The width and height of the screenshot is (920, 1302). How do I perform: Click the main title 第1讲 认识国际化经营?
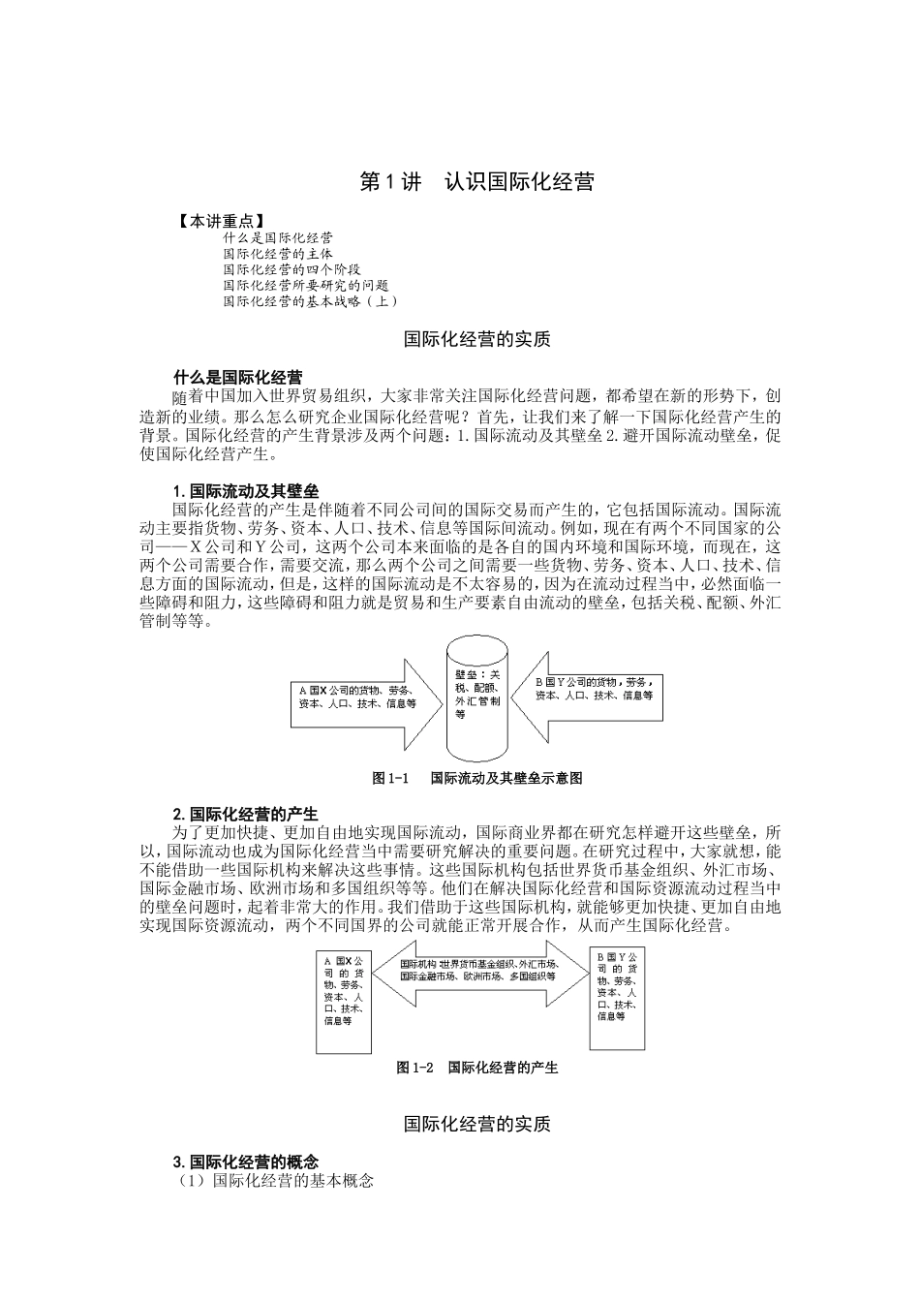click(x=476, y=182)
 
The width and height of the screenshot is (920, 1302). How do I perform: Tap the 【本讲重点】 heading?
click(x=220, y=221)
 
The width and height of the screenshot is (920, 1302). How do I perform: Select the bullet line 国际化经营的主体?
click(x=278, y=253)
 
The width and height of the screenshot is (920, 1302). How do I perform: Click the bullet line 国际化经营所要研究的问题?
click(x=306, y=285)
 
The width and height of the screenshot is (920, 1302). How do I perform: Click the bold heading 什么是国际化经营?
click(x=237, y=377)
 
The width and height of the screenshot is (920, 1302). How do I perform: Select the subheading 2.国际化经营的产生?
click(x=245, y=814)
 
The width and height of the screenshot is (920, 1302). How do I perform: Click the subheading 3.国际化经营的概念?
click(x=246, y=1162)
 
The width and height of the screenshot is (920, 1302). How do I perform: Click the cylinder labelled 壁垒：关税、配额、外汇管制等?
click(x=478, y=699)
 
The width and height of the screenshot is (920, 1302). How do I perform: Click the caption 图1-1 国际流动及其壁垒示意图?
click(x=477, y=778)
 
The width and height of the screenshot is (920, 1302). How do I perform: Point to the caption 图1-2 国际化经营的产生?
click(x=476, y=1068)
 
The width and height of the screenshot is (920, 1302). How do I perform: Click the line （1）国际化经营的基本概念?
click(x=274, y=1181)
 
